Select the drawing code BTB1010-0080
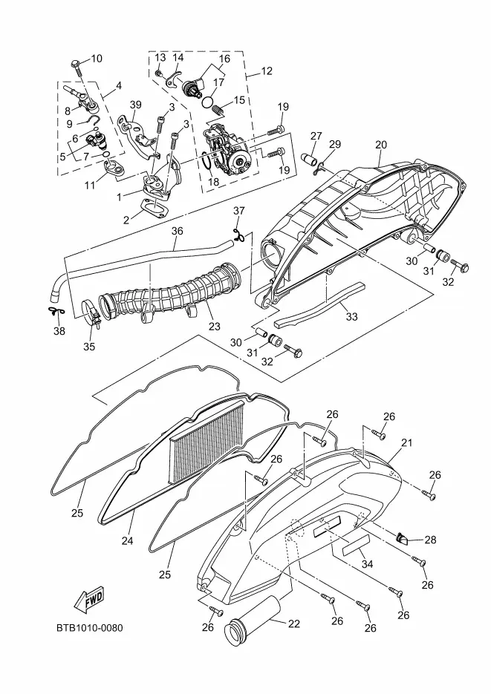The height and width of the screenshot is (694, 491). [x=89, y=629]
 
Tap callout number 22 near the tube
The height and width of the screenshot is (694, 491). [x=294, y=624]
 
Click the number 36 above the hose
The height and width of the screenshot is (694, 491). [x=178, y=231]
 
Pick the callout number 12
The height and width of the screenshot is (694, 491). [x=267, y=71]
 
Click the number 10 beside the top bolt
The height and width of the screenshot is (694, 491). [x=97, y=59]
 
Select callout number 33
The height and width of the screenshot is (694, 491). [x=351, y=317]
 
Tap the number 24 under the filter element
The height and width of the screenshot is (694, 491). [x=127, y=541]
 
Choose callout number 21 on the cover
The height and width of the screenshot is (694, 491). [x=406, y=443]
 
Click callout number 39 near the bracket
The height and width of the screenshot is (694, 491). [x=135, y=105]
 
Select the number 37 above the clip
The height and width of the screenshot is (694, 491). [x=238, y=211]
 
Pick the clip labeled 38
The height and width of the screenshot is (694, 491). [x=53, y=310]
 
